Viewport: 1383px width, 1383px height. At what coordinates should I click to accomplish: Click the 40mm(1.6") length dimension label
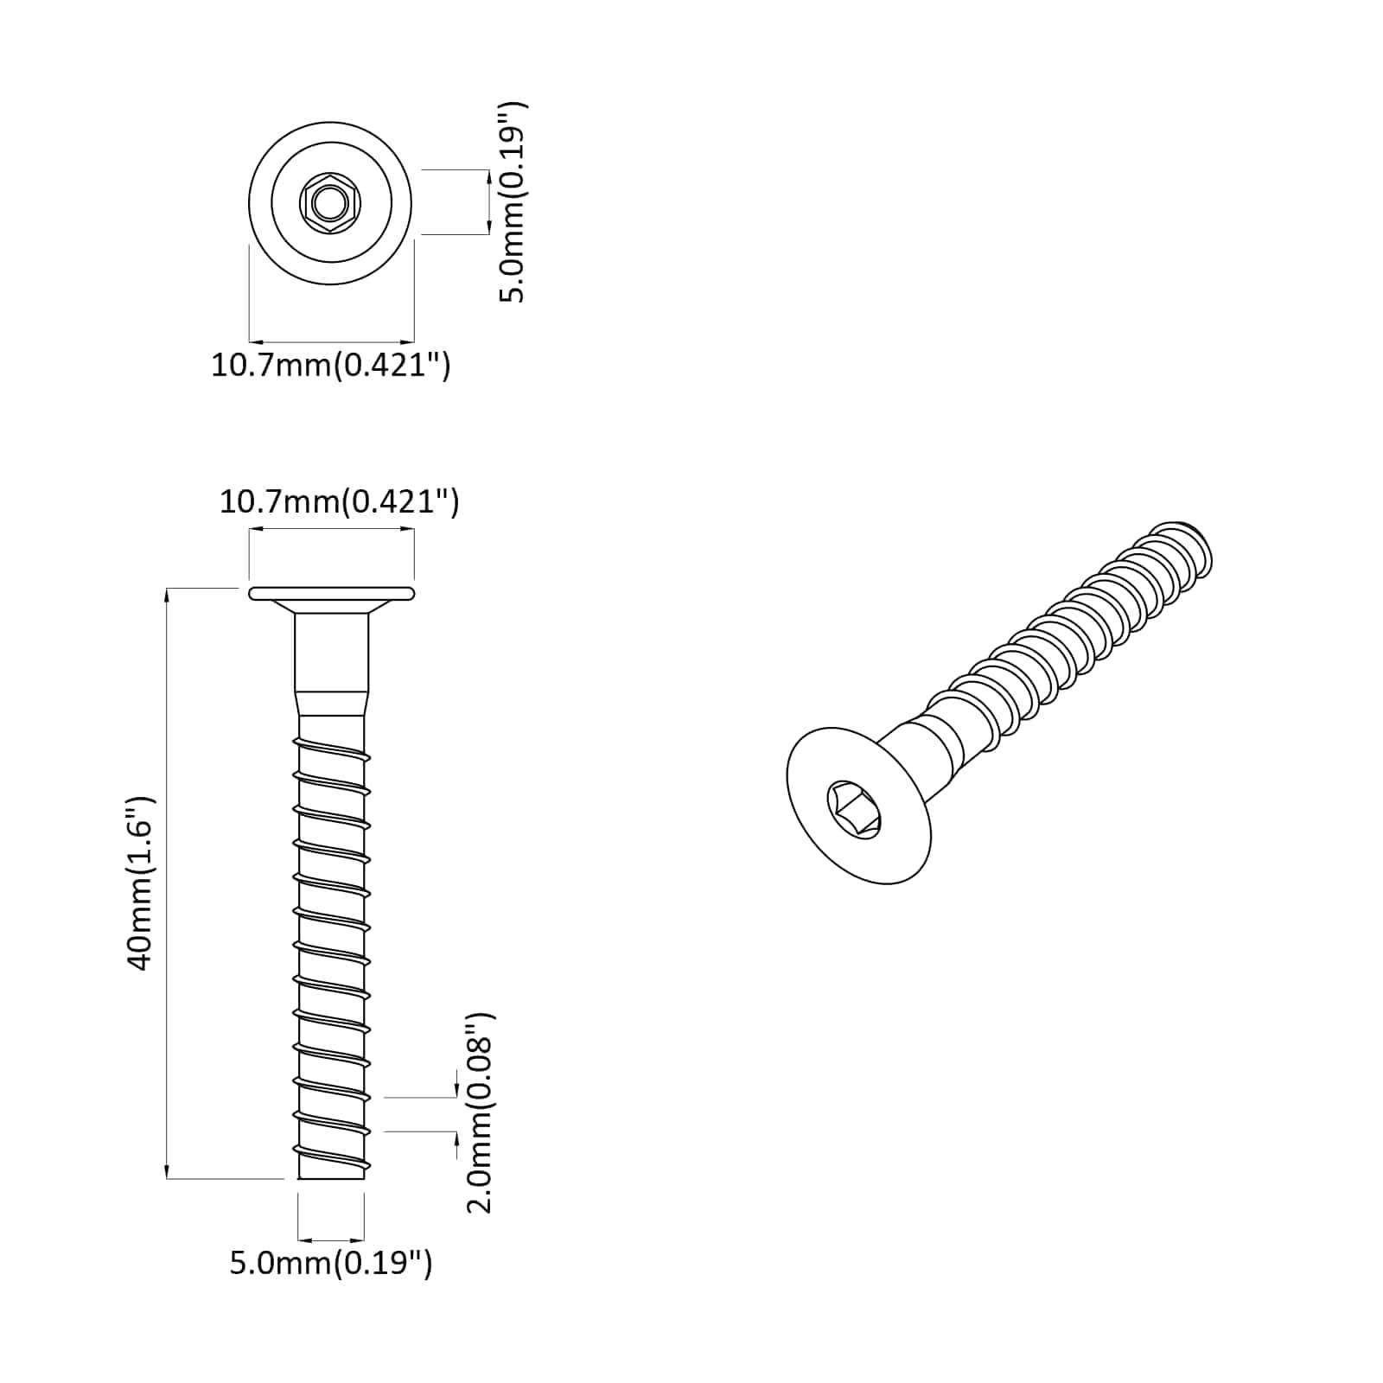142,883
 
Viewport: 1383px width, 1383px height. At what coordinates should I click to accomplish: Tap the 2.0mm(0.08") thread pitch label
480,1114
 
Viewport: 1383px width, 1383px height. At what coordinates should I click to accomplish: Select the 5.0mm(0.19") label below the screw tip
330,1263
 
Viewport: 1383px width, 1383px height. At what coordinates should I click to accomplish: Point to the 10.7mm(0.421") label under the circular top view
330,366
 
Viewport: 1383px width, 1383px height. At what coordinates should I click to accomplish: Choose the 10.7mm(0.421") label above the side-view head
339,501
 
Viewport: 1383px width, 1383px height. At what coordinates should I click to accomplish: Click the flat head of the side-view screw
331,593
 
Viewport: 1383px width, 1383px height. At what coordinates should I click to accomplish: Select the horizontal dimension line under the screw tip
331,1239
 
